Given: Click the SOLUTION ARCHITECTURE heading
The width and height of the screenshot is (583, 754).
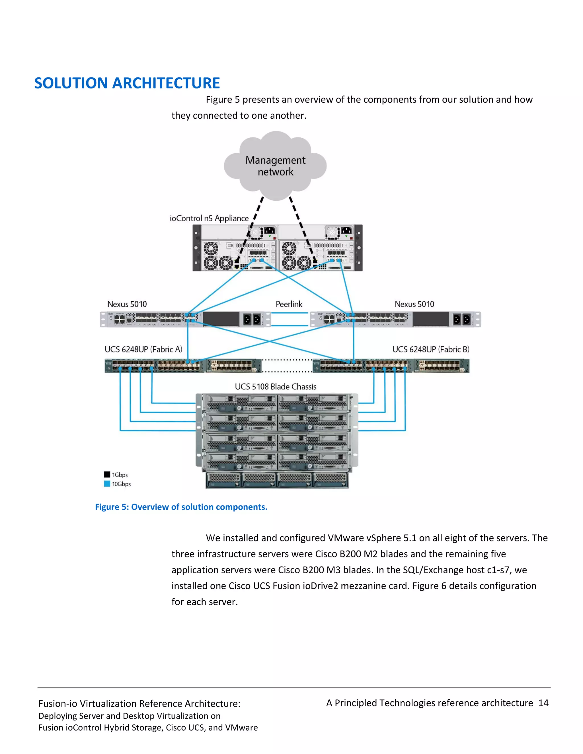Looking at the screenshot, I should [127, 83].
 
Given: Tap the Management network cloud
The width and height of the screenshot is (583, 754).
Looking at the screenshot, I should [275, 166].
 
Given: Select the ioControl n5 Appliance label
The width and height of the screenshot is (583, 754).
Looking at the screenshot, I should [209, 218].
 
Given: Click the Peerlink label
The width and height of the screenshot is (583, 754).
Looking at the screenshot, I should [289, 304].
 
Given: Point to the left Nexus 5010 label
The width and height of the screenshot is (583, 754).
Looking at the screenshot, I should [127, 304].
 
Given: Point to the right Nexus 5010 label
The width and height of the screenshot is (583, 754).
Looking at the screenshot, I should [414, 304].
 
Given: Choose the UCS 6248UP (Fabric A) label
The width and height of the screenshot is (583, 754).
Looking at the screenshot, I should [143, 349].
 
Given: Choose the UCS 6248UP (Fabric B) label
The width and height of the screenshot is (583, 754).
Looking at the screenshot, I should [430, 349].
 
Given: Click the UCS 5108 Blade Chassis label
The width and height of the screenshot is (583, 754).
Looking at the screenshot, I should [275, 387].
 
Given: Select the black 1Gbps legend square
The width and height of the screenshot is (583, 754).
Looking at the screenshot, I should [107, 474].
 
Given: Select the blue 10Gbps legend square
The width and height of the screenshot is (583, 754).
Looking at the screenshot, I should [107, 484].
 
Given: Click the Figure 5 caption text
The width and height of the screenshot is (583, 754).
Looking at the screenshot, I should [181, 507].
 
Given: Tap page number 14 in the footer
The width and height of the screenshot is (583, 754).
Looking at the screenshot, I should [543, 703].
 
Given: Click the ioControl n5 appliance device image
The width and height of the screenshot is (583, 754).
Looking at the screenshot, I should [277, 248].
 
